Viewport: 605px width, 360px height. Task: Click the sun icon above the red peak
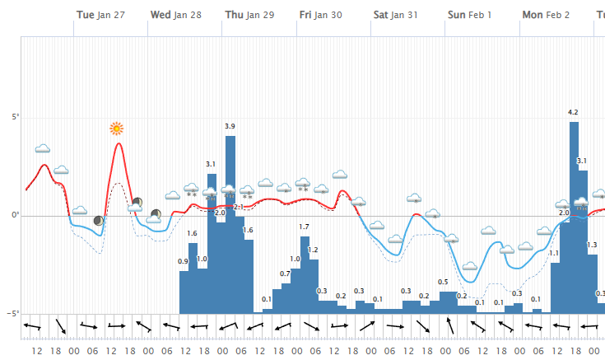pyautogui.click(x=117, y=129)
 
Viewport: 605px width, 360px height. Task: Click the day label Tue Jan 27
pyautogui.click(x=104, y=15)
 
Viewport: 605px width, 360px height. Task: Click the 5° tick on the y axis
pyautogui.click(x=13, y=117)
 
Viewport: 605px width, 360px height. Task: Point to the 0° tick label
pyautogui.click(x=14, y=216)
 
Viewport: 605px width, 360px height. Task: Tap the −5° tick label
pyautogui.click(x=12, y=313)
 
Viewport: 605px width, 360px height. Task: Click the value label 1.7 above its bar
pyautogui.click(x=305, y=227)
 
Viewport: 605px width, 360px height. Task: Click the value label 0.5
pyautogui.click(x=443, y=283)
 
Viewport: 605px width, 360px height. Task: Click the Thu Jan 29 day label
pyautogui.click(x=249, y=15)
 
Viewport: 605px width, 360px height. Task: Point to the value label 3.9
pyautogui.click(x=230, y=126)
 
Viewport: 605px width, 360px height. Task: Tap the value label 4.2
pyautogui.click(x=574, y=112)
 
